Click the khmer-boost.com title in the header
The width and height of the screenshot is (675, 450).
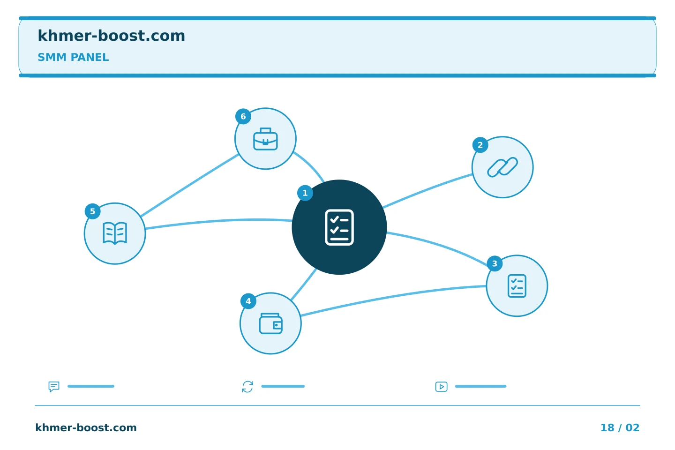coord(111,36)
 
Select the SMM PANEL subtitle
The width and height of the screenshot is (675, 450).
coord(73,57)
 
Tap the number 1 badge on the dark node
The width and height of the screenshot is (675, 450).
coord(305,193)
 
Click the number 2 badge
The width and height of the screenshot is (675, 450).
coord(480,145)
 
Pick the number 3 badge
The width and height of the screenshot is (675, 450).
coord(495,263)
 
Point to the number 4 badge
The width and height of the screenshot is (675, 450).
coord(248,301)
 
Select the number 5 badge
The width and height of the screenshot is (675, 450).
coord(92,211)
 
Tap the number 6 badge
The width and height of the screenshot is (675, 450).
coord(243,116)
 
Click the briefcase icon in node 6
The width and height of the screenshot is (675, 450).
coord(265,139)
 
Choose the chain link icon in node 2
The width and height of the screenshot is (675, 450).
coord(502,167)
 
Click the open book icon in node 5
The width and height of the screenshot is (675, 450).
coord(115,233)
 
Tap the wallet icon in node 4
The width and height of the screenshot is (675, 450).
coord(270,324)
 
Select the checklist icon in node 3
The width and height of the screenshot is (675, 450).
coord(517,286)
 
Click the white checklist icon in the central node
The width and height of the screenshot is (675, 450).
coord(339,227)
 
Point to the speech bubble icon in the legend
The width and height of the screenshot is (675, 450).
coord(54,386)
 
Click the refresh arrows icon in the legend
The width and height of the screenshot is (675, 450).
coord(247,387)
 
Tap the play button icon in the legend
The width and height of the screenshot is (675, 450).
coord(442,387)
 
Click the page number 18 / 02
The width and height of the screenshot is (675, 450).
coord(620,427)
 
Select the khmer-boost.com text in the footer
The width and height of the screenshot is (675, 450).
coord(86,427)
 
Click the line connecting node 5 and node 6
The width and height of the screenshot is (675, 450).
coord(190,185)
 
